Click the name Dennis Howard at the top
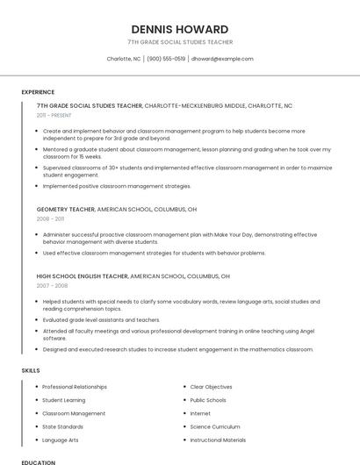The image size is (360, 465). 180,29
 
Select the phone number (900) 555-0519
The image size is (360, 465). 166,59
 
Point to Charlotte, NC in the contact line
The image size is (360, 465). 124,59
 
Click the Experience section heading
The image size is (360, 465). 38,92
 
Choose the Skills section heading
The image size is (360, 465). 31,370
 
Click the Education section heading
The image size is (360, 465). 38,461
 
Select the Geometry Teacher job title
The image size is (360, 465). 66,210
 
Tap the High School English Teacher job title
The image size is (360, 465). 82,276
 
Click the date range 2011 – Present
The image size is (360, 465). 54,115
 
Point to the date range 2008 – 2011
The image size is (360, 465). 50,219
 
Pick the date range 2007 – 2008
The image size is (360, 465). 52,286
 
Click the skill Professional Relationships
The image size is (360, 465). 75,387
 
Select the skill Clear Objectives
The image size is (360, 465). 211,387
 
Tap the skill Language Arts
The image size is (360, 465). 60,440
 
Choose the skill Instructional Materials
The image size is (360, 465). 218,440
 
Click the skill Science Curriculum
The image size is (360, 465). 215,426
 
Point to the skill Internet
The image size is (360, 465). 200,413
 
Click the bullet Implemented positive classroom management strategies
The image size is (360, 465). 117,186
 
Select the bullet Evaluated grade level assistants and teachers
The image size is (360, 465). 101,320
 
